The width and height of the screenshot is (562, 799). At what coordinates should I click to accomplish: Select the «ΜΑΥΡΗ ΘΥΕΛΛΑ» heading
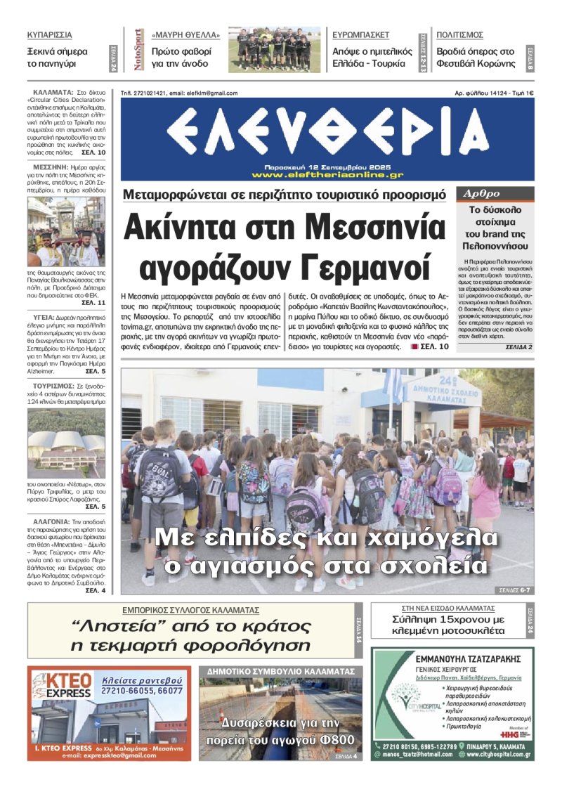[185, 34]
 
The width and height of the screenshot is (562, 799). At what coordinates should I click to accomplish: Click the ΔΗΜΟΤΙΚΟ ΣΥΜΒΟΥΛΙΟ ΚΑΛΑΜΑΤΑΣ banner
[280, 671]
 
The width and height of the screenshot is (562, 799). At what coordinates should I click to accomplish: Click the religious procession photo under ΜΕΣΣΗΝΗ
[66, 231]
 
